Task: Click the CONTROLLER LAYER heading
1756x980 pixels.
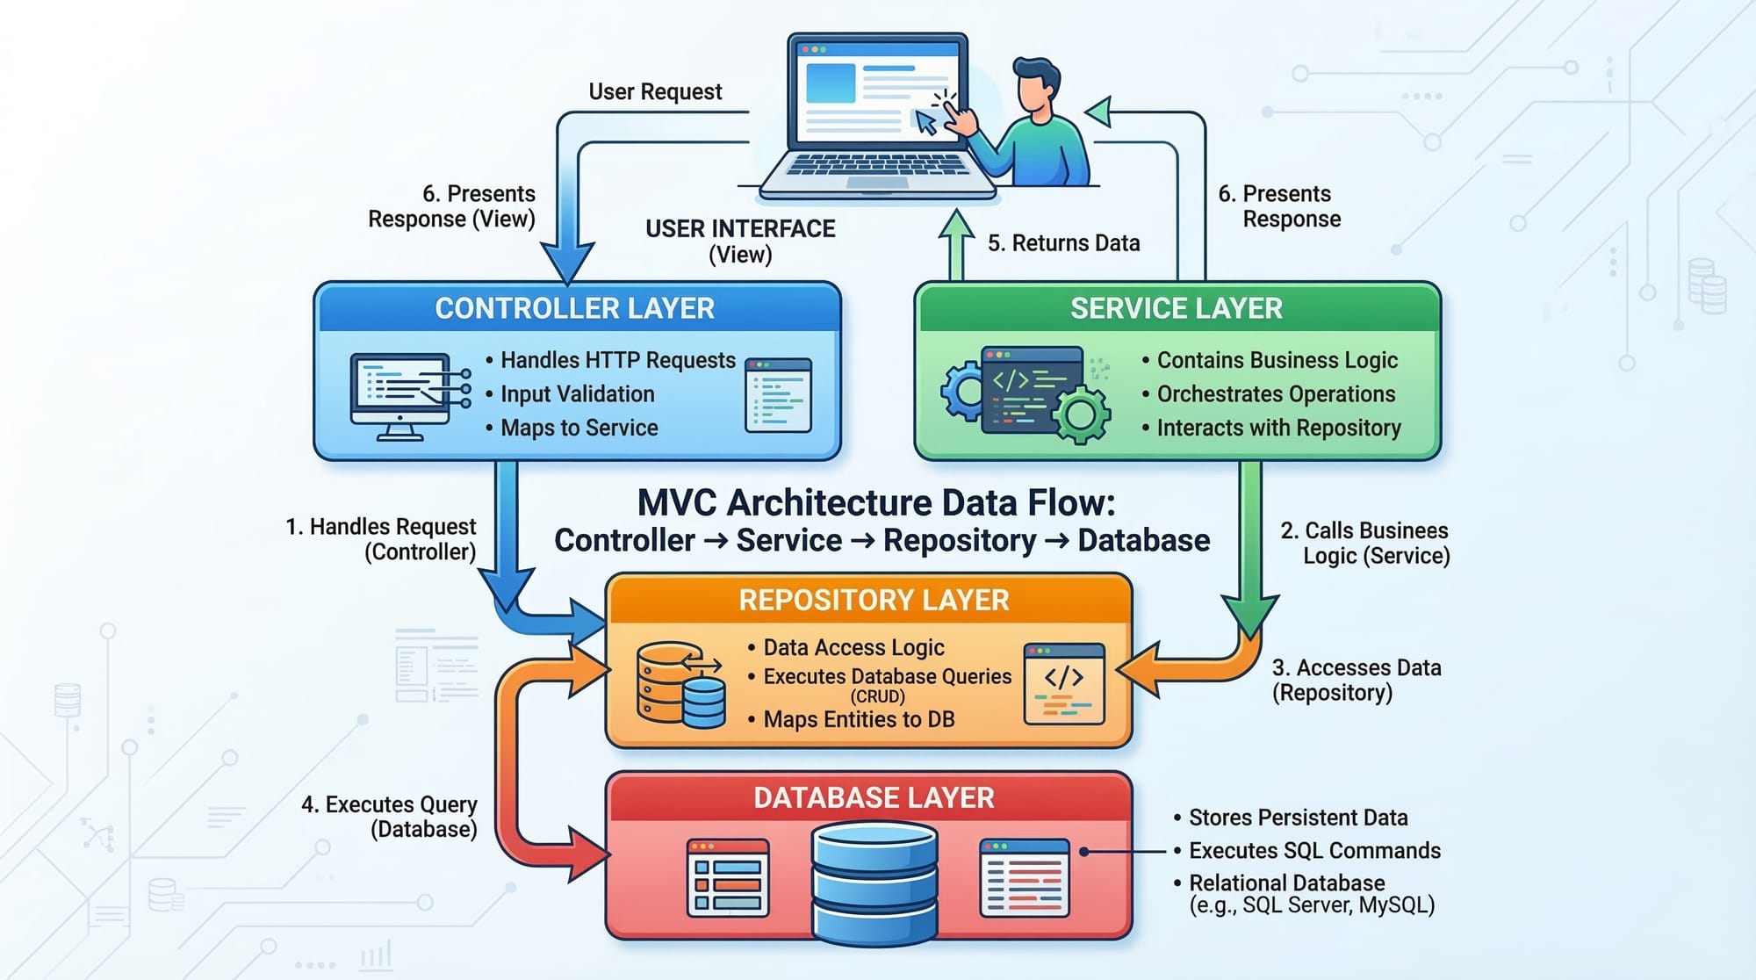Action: [x=575, y=308]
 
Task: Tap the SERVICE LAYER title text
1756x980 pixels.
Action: [x=1176, y=308]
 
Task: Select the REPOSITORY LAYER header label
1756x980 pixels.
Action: [x=874, y=600]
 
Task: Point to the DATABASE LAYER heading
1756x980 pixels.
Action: [x=874, y=797]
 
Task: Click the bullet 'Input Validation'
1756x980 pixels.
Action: [x=577, y=394]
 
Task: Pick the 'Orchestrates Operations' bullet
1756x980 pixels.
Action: [x=1276, y=394]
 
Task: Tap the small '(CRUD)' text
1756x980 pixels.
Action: [x=877, y=696]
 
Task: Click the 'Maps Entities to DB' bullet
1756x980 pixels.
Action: [x=859, y=719]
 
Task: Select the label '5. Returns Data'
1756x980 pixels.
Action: [x=1063, y=243]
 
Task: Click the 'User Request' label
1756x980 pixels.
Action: [x=655, y=91]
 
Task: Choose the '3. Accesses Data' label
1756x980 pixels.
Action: [x=1357, y=668]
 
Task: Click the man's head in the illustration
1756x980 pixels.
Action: [x=1036, y=88]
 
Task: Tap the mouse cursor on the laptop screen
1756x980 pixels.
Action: [x=925, y=122]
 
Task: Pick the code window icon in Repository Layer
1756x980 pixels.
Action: [x=1064, y=683]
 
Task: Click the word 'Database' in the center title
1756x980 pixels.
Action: [x=1143, y=540]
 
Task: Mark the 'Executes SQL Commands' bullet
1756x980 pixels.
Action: [x=1314, y=850]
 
